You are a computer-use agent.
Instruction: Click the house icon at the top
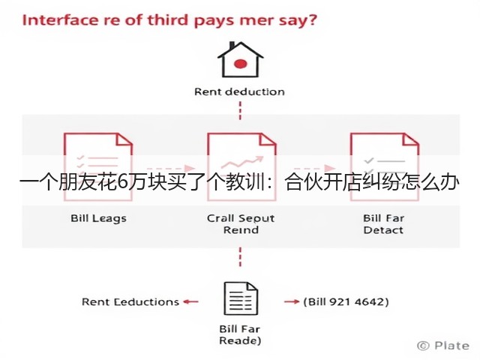240,59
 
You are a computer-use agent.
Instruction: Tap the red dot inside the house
240,64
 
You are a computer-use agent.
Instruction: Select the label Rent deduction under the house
239,91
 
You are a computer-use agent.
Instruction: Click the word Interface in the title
59,20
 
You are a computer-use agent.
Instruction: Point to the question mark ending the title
312,20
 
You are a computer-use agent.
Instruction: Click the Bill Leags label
98,218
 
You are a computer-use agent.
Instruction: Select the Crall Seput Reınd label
241,224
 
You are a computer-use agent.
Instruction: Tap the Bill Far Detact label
383,224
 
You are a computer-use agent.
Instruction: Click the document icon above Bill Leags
98,166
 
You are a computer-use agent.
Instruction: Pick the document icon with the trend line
241,166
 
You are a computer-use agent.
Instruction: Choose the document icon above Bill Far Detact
385,166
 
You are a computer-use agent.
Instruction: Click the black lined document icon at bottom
241,298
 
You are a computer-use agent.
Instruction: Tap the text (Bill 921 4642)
346,301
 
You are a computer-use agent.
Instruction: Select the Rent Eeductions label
130,301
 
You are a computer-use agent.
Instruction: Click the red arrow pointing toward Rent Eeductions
190,301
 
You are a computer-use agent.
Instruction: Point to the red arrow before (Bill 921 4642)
292,301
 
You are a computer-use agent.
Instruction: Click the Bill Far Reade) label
240,334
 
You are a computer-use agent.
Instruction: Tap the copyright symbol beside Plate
423,346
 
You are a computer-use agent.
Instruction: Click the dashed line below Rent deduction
240,110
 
